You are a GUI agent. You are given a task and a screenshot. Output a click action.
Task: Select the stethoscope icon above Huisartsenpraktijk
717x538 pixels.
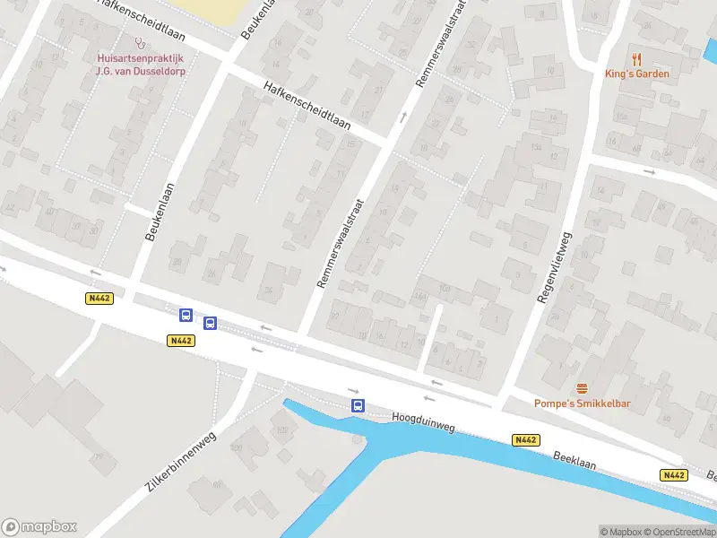pos(138,42)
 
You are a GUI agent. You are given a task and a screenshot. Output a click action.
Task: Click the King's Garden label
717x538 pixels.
pos(637,74)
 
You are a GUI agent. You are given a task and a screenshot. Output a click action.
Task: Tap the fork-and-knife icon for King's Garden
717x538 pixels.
pos(637,58)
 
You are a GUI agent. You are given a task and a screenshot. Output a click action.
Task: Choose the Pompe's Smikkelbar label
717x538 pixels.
pos(583,403)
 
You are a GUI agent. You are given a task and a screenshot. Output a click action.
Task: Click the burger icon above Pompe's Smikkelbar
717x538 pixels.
pos(583,387)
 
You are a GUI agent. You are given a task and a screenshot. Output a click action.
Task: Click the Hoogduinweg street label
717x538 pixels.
pos(423,422)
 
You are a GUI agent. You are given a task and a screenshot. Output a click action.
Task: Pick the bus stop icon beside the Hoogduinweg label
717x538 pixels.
pos(358,406)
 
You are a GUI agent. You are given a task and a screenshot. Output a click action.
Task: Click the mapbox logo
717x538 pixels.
pos(39,527)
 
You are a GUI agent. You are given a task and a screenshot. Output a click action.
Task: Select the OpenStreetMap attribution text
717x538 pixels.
pos(678,532)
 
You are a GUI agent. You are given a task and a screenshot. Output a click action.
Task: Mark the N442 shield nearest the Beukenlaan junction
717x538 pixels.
pos(100,299)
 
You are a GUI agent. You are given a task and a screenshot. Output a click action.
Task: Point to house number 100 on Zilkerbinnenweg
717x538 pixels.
pos(237,446)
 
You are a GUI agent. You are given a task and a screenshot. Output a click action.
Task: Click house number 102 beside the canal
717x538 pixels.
pos(281,430)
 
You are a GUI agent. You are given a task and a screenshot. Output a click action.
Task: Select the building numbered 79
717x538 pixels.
pos(98,457)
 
